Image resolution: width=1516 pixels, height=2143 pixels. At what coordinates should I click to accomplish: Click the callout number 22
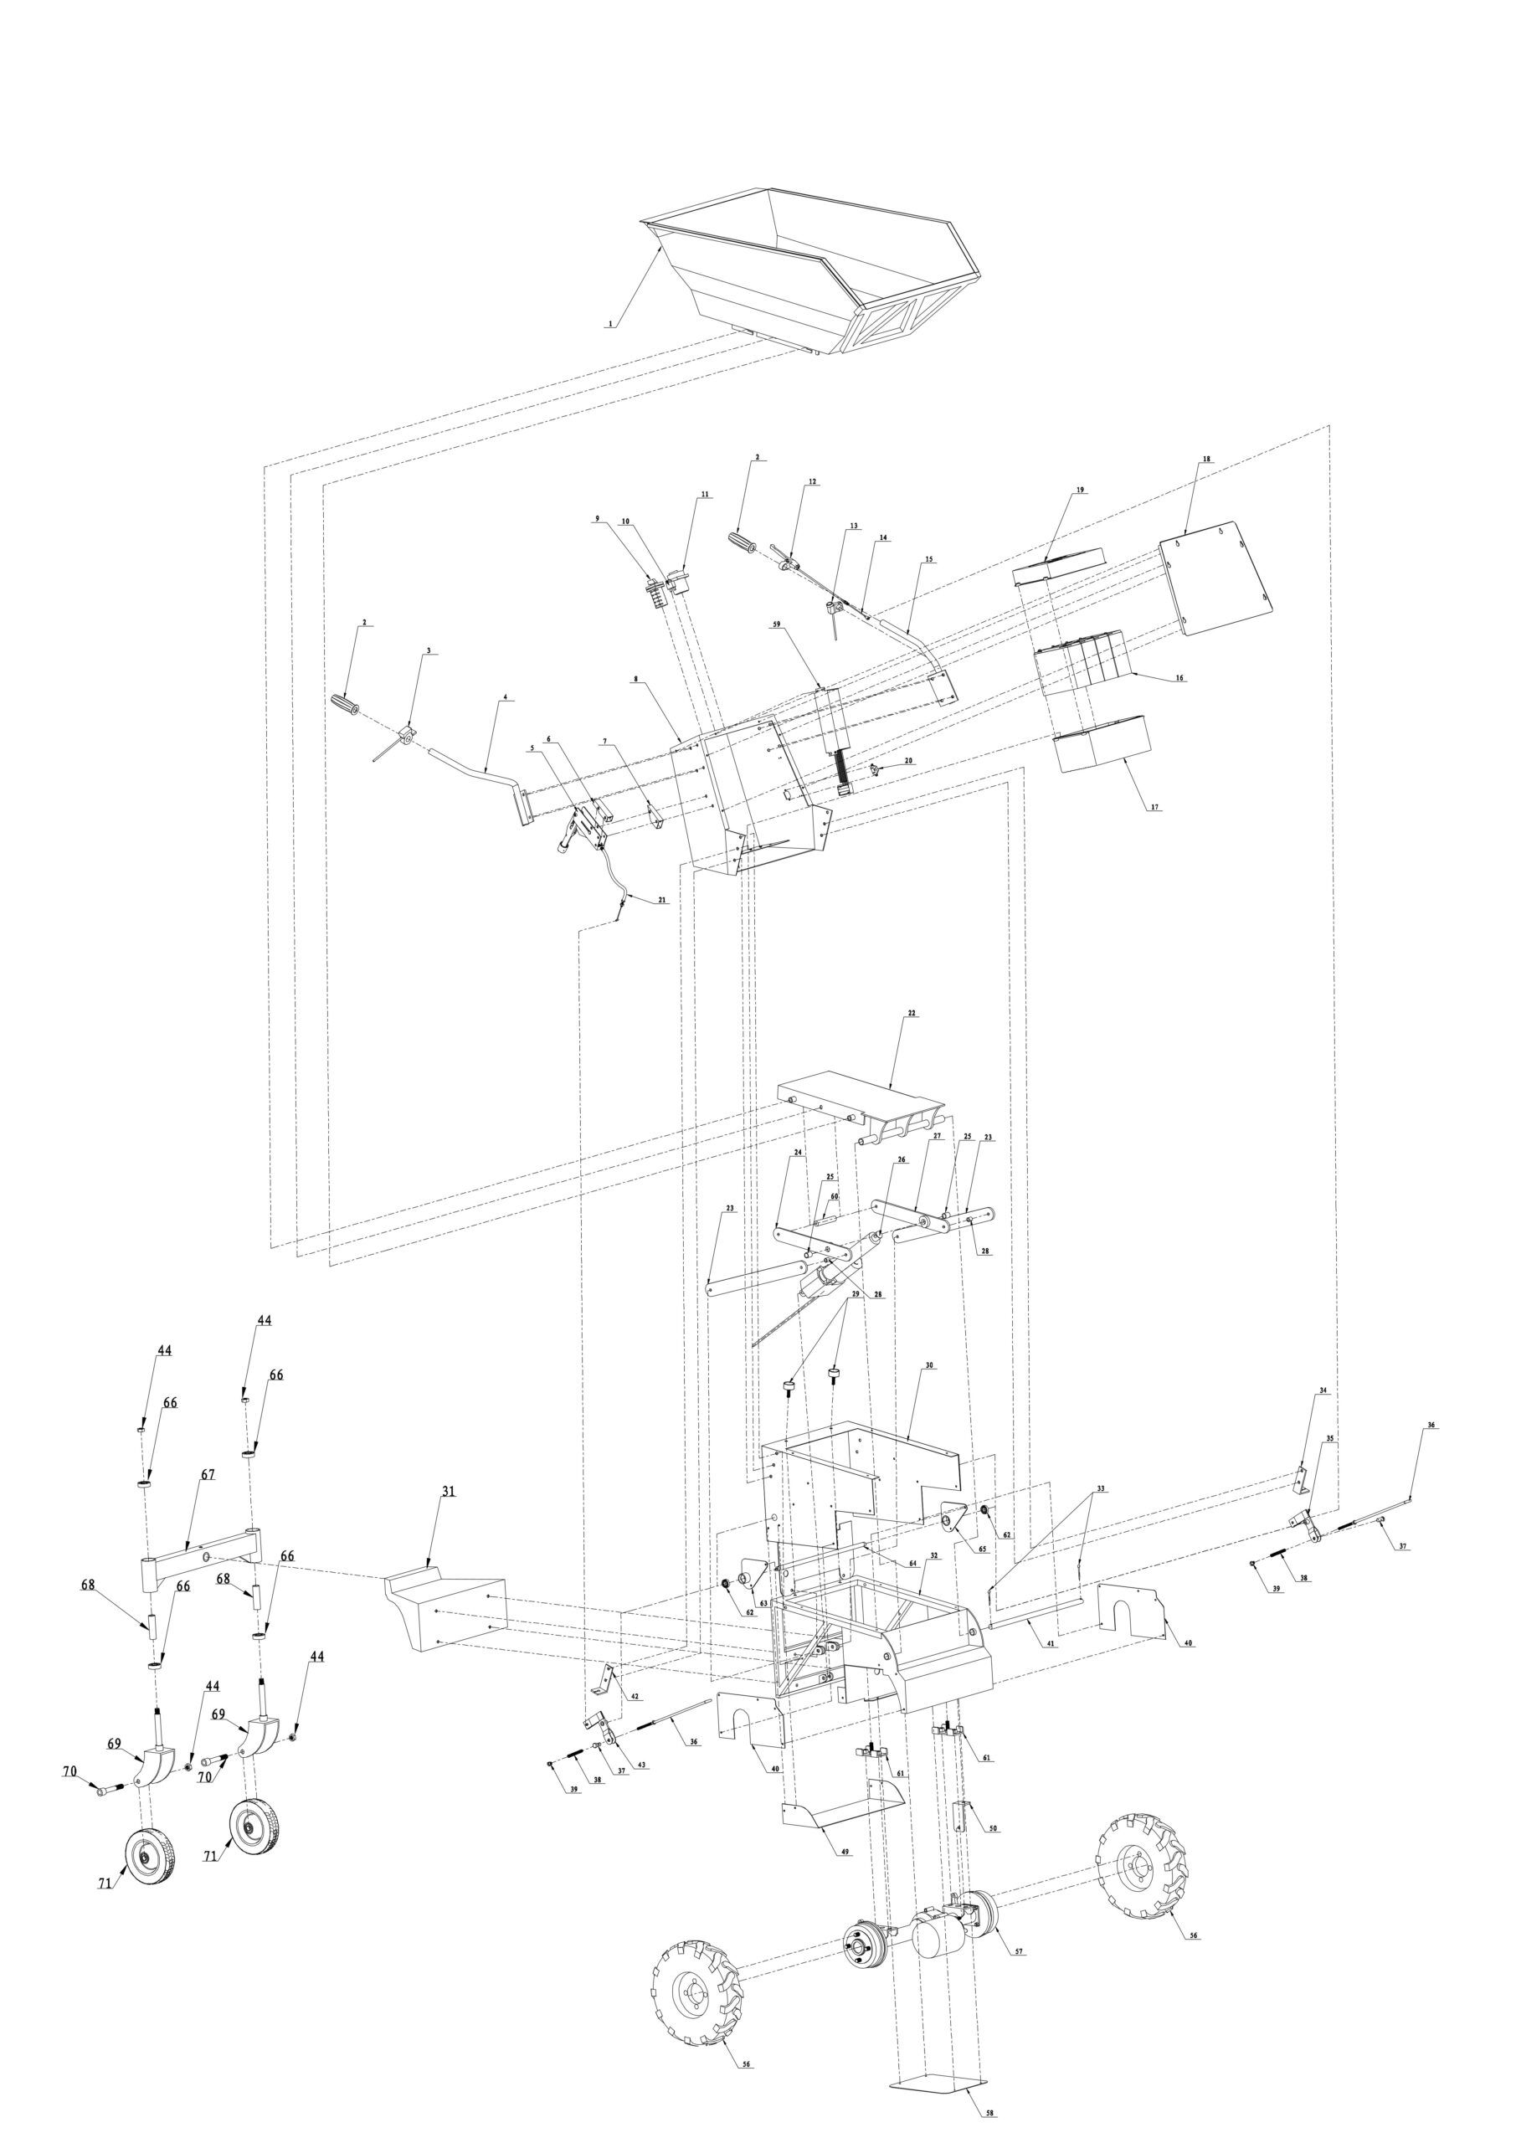coord(911,1013)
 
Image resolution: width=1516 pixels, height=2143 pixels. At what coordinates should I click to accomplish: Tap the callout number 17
coord(1156,807)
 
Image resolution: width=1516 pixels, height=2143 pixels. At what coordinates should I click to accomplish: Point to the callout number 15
coord(929,559)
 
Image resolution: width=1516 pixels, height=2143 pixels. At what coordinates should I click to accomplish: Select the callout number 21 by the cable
coord(662,901)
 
